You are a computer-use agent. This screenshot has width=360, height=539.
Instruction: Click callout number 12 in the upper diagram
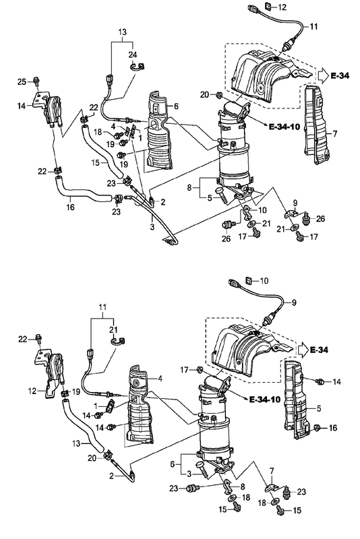[x=282, y=7]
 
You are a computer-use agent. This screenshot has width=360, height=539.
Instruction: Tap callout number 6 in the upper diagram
[x=175, y=107]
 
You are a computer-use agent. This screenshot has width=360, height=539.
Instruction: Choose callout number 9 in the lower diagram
[x=293, y=303]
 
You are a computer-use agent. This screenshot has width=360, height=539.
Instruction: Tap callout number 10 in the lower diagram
[x=264, y=280]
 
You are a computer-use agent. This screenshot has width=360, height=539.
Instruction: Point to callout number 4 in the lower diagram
[x=160, y=379]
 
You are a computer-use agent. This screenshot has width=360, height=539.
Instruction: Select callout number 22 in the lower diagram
[x=22, y=338]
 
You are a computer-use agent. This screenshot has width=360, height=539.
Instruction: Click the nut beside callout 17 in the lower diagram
[x=200, y=369]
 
